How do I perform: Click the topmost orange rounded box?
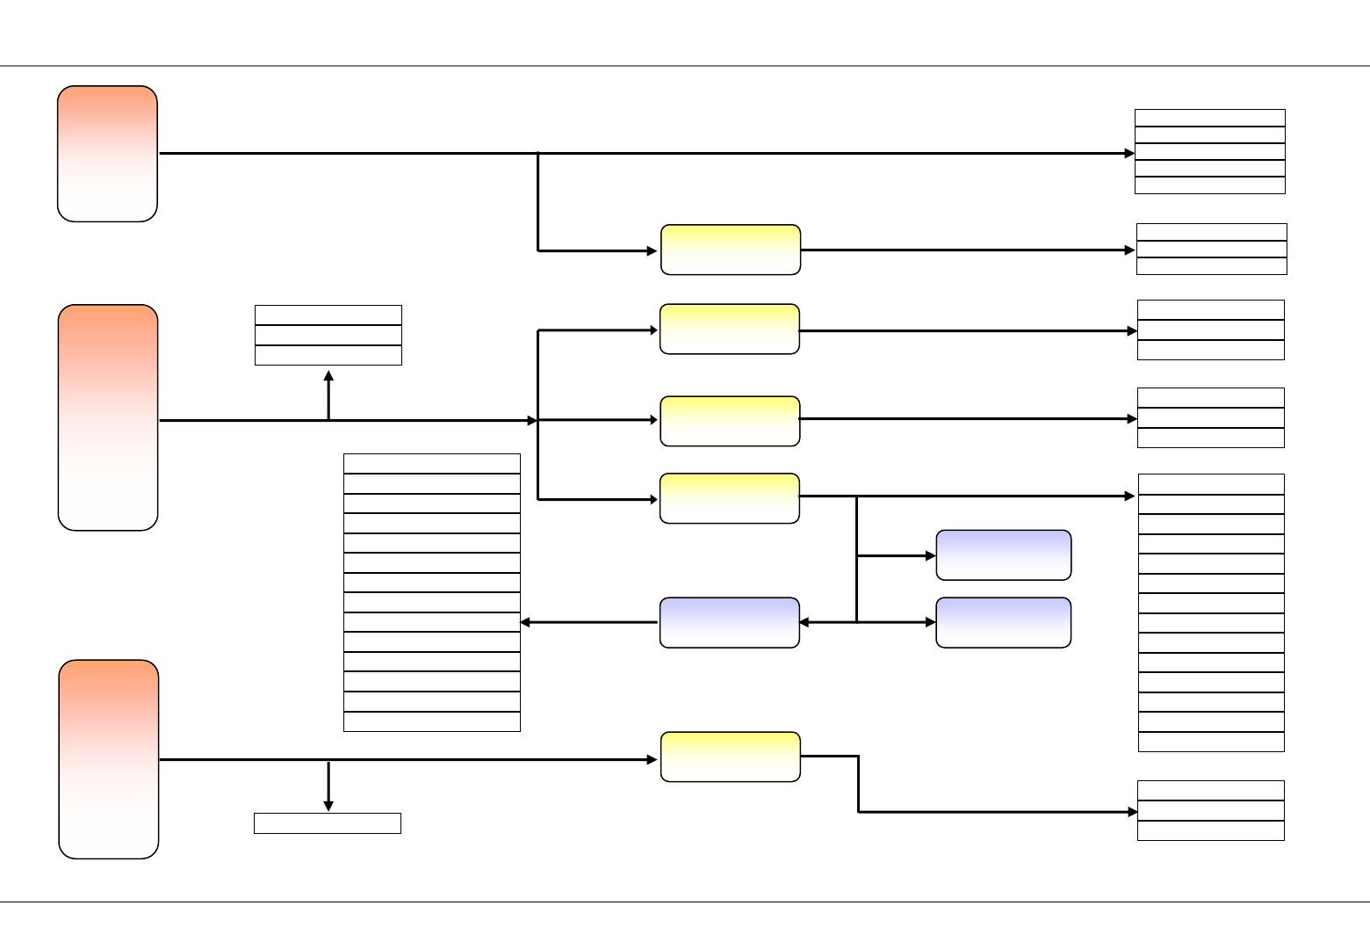click(107, 154)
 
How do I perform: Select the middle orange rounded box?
click(108, 417)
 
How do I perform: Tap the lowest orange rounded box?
click(109, 759)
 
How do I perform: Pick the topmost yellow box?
click(730, 250)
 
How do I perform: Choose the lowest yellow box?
click(730, 757)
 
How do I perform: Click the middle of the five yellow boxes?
click(729, 421)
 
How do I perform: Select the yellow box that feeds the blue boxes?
click(729, 498)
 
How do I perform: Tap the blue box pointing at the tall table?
click(729, 623)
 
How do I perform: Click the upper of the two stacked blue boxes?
click(1003, 555)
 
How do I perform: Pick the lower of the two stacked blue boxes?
click(1003, 623)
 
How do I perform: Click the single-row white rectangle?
click(328, 823)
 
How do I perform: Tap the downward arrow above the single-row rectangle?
click(328, 803)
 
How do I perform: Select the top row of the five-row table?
click(1209, 118)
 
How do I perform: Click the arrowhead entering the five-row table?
click(1129, 154)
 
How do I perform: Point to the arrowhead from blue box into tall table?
click(526, 623)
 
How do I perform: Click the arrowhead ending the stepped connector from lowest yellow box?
click(1132, 812)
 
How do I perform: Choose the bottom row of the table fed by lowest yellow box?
click(1210, 831)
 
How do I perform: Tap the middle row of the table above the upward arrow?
click(328, 336)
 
